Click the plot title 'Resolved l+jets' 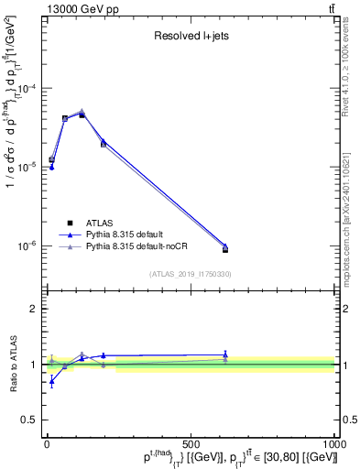tap(190, 38)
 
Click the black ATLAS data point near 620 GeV tap(225, 249)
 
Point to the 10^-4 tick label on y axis tap(25, 89)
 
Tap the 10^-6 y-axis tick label tap(25, 246)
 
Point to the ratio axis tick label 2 tap(31, 309)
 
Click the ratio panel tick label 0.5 tap(27, 421)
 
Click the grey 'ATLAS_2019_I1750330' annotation tap(190, 274)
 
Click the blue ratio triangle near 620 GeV tap(225, 354)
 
